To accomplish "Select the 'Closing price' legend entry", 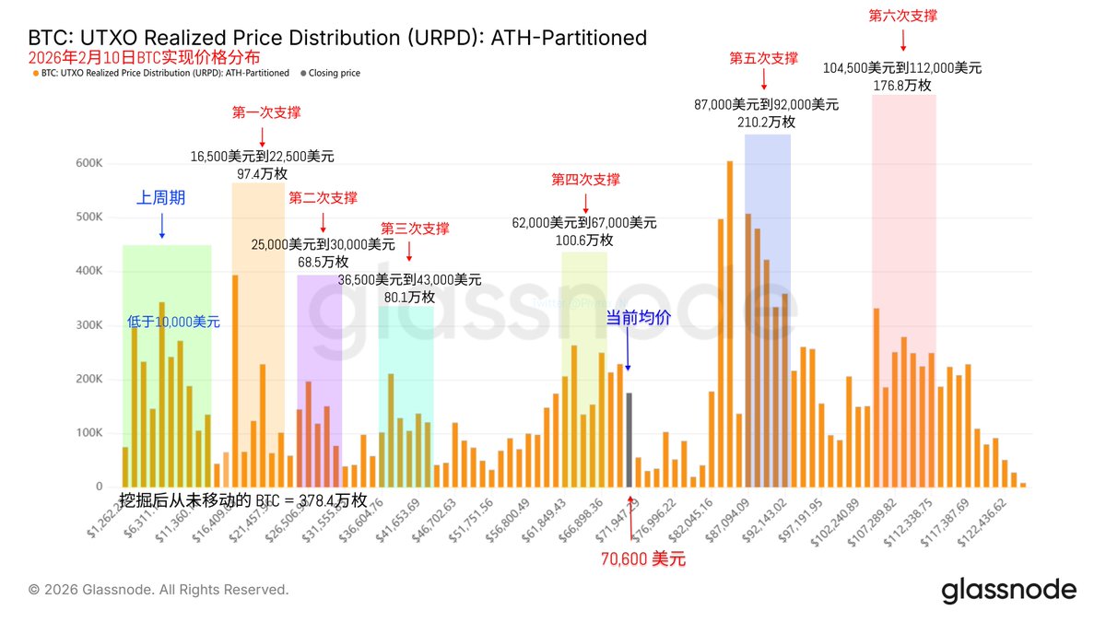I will click(x=334, y=73).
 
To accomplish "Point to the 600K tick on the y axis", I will click(x=88, y=163).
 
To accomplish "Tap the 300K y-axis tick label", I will click(x=88, y=325).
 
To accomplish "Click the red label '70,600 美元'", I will click(x=643, y=558).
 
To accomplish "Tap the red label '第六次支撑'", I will click(x=903, y=16).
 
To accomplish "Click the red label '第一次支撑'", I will click(x=265, y=112).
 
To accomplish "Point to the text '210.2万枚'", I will click(x=768, y=122).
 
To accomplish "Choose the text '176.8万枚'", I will click(x=902, y=85).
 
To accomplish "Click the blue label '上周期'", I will click(x=161, y=197).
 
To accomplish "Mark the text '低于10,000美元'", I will click(x=174, y=322).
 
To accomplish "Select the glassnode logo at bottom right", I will click(x=1008, y=591).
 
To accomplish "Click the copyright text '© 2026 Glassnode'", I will click(x=159, y=590).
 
